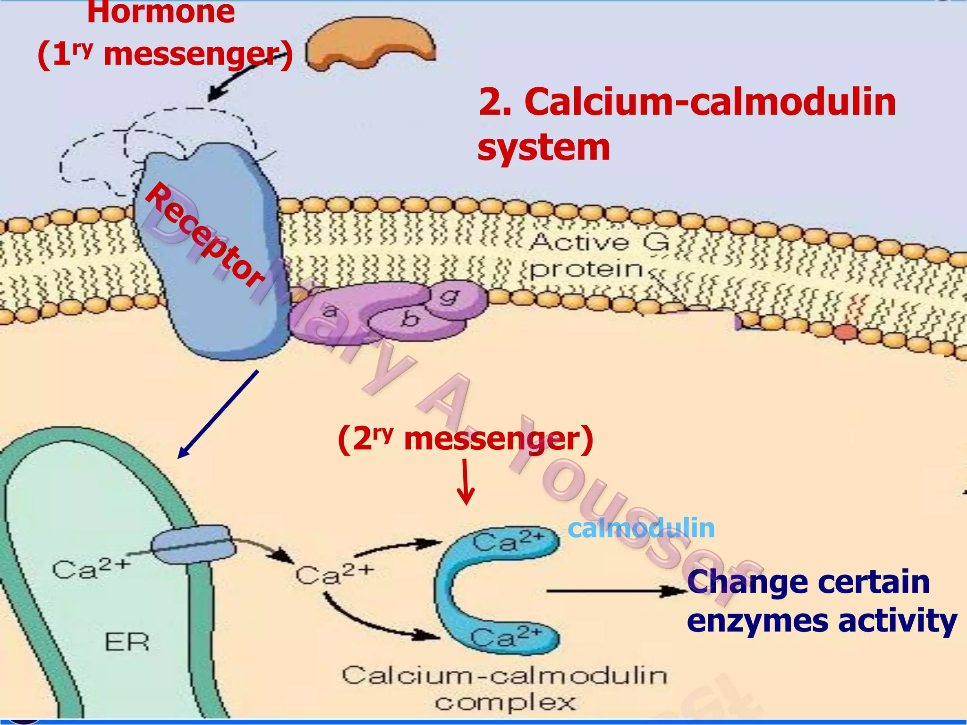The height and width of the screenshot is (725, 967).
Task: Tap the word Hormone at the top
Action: (161, 12)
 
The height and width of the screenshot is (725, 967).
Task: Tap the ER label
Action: (127, 642)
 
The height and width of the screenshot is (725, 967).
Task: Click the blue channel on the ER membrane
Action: (194, 545)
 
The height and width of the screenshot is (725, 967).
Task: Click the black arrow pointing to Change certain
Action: (614, 591)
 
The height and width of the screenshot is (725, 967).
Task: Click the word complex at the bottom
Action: (505, 703)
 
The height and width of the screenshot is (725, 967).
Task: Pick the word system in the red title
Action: (543, 148)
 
